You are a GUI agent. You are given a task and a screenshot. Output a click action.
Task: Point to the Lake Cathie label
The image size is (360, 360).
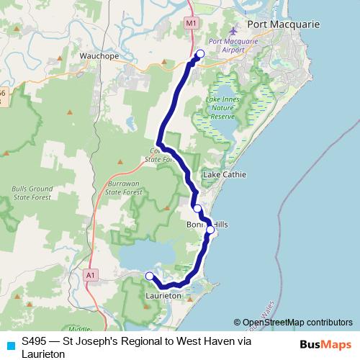pos(225,175)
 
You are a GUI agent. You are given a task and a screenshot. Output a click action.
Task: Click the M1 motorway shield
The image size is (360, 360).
pos(191,24)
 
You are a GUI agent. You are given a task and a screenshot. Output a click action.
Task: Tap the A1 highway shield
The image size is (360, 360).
pos(90,274)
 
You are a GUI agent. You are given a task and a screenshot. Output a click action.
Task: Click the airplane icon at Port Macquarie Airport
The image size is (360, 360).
pos(232,32)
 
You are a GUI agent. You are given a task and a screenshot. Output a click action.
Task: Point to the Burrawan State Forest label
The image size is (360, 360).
pos(121,189)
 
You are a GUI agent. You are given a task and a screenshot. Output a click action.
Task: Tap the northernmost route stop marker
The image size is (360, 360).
pos(200,54)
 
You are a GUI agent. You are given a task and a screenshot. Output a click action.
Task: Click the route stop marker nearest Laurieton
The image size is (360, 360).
pos(150,276)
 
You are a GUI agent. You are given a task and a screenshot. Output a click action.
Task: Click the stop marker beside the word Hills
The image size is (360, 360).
pos(210,230)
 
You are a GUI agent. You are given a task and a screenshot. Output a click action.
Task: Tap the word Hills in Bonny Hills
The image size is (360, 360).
pos(219,225)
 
